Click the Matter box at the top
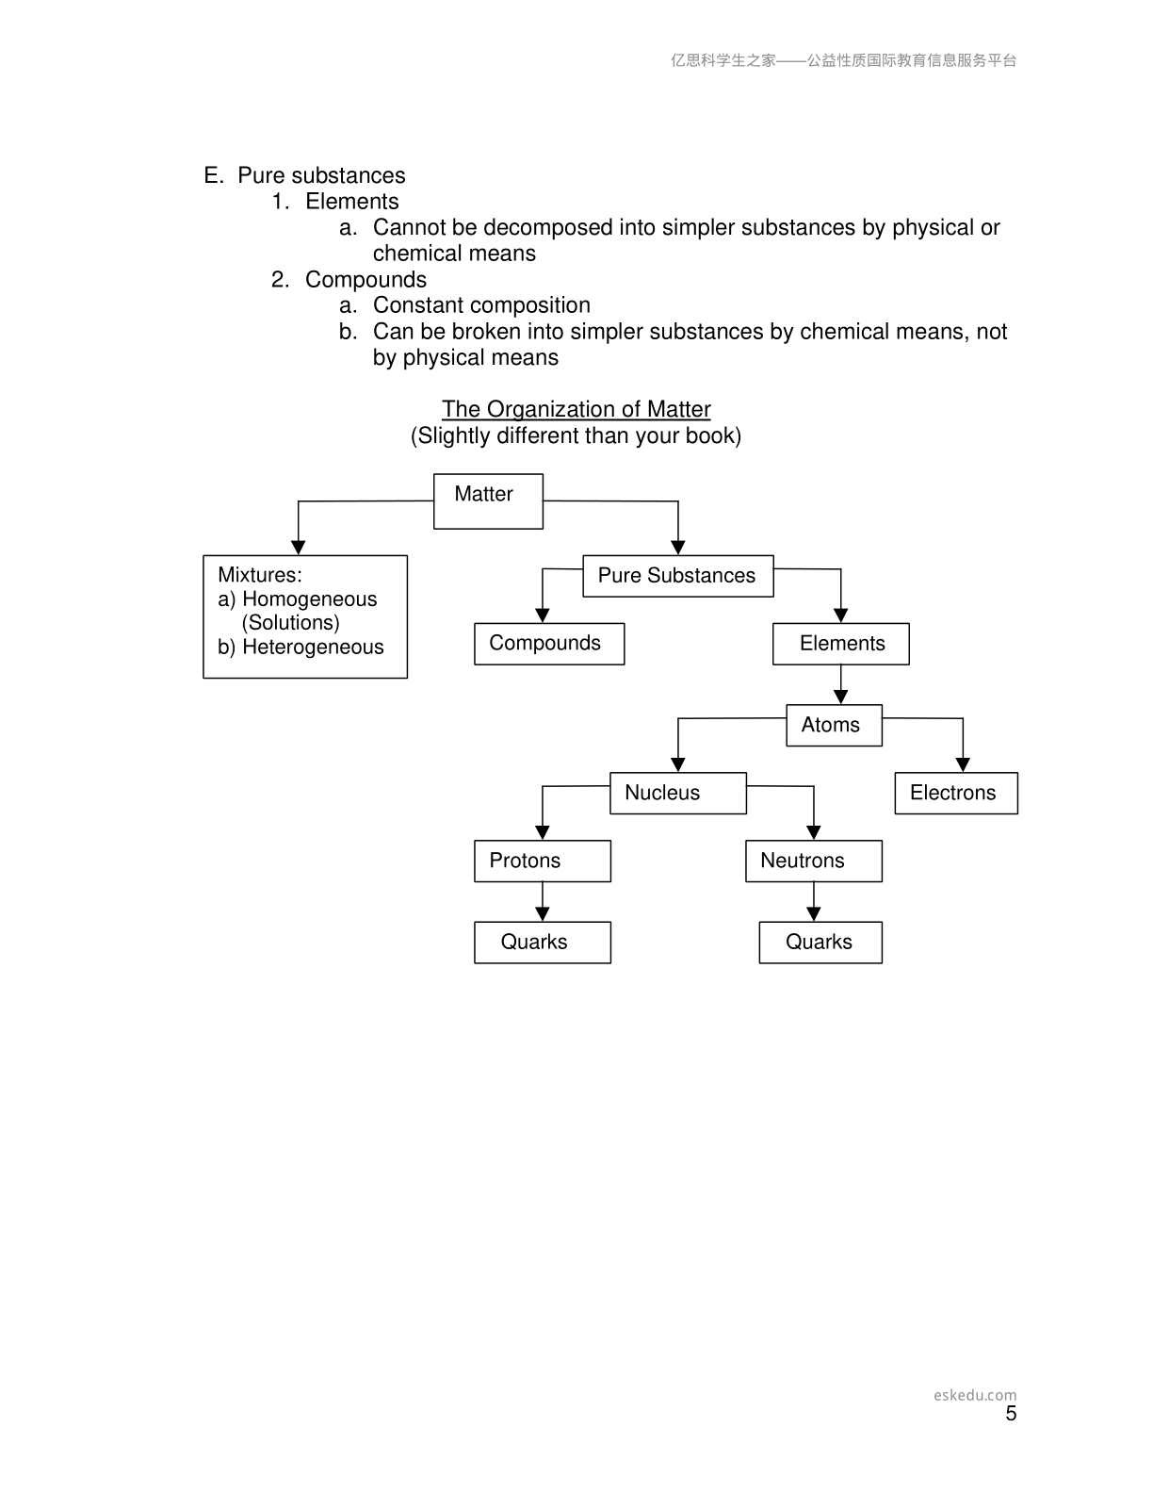pos(488,500)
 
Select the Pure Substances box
pos(678,576)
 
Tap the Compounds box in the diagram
pos(549,644)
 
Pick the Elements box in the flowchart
pos(840,644)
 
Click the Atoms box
pos(834,725)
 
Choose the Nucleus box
pos(678,793)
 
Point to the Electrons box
pos(956,793)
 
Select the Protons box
pos(543,861)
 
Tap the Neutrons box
pos(814,861)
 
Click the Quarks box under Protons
pos(543,942)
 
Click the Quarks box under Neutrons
pos(820,942)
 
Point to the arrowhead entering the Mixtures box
pos(298,548)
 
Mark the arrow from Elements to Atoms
pos(840,684)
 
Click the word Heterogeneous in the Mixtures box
pos(313,647)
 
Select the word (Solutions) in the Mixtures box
pos(290,622)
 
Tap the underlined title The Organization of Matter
pos(576,409)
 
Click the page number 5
pos(1011,1413)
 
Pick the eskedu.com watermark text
pos(975,1395)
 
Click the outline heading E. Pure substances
pos(304,175)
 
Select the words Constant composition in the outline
pos(481,305)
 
